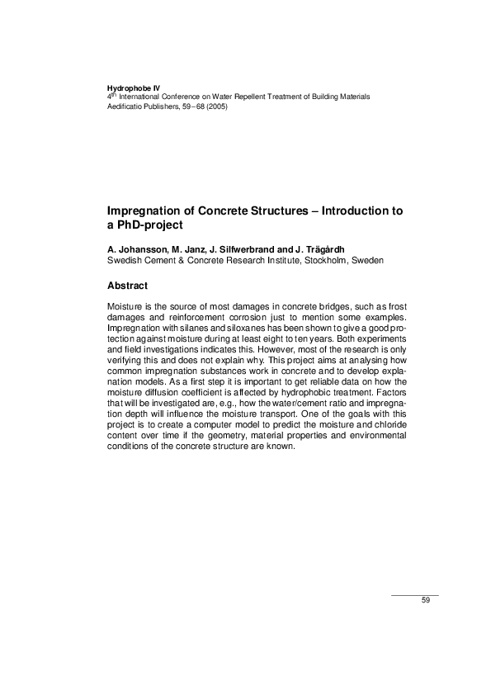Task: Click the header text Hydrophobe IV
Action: click(x=134, y=87)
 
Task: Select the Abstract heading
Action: click(x=128, y=286)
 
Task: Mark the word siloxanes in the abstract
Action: click(x=216, y=329)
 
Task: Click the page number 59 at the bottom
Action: click(x=426, y=600)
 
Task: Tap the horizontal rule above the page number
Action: click(x=414, y=594)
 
